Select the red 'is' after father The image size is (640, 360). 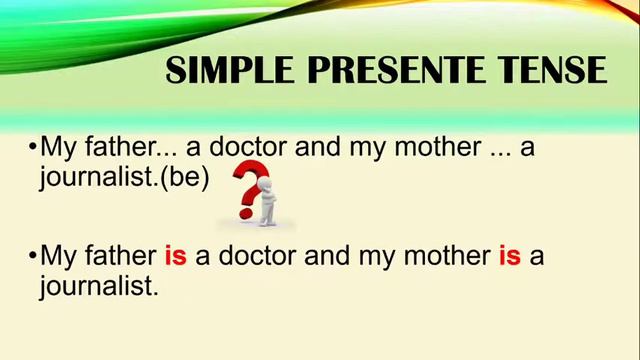(175, 256)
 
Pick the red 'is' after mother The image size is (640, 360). (509, 256)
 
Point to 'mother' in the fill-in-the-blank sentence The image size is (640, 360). (440, 147)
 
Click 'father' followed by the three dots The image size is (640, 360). (112, 147)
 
